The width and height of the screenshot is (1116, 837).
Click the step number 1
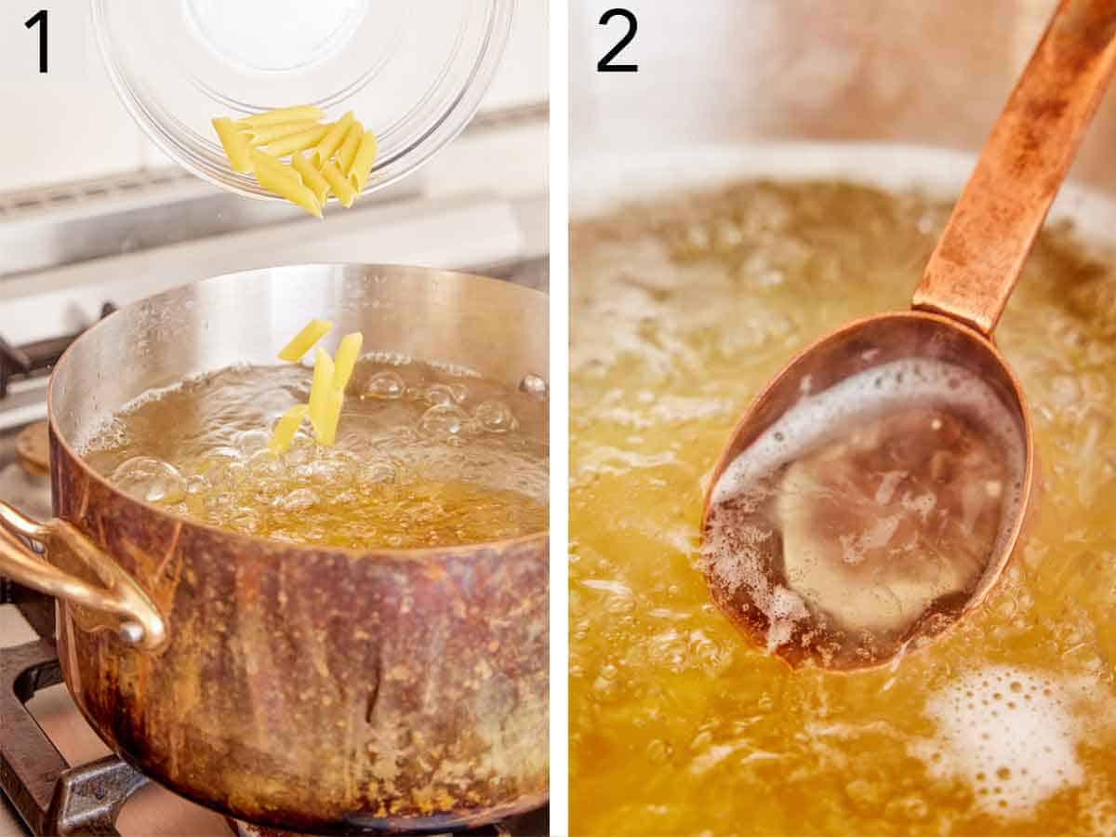[36, 42]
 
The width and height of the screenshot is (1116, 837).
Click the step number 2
[618, 42]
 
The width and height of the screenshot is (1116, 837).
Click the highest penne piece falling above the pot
[304, 340]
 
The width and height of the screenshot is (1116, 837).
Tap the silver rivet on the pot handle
[132, 633]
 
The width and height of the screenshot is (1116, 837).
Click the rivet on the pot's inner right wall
[533, 384]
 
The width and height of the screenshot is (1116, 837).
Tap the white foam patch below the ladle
[1004, 735]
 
